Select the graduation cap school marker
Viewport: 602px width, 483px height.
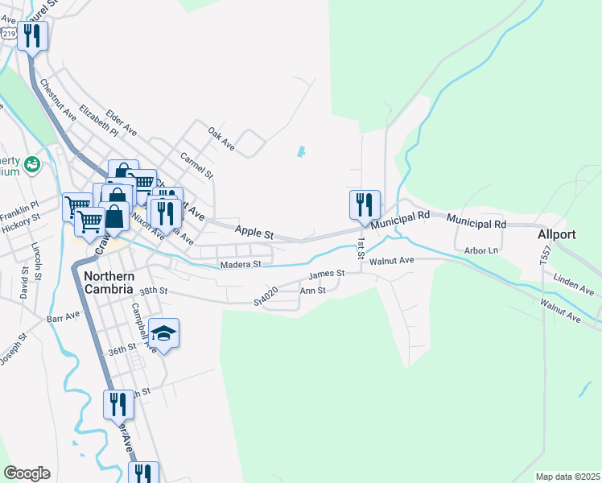tap(164, 335)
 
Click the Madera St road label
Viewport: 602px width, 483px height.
tap(240, 264)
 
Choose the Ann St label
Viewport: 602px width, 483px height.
tap(312, 291)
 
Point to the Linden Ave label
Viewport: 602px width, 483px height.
tap(574, 283)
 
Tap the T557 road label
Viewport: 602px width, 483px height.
tap(545, 256)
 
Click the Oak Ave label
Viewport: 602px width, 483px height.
tap(221, 138)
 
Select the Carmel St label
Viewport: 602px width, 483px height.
tap(197, 165)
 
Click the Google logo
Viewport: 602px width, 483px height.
tap(27, 473)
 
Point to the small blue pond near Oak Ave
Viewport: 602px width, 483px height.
tap(301, 151)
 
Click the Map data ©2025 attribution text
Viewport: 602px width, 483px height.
tap(567, 477)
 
